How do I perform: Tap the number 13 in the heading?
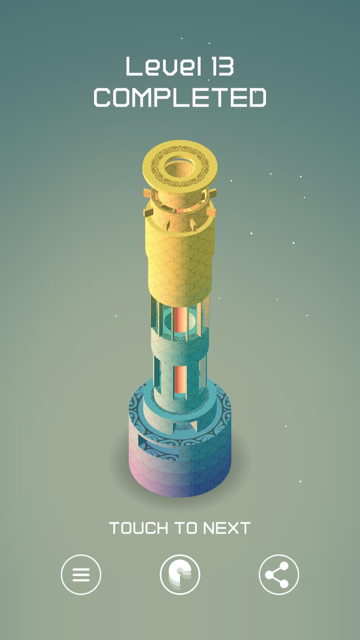point(219,67)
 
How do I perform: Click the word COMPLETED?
point(180,97)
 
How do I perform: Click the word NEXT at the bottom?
point(226,528)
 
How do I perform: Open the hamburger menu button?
point(81,574)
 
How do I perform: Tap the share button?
point(279,574)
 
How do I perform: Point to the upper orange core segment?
point(181,319)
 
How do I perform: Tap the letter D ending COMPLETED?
point(257,97)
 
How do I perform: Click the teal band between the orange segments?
point(180,350)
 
